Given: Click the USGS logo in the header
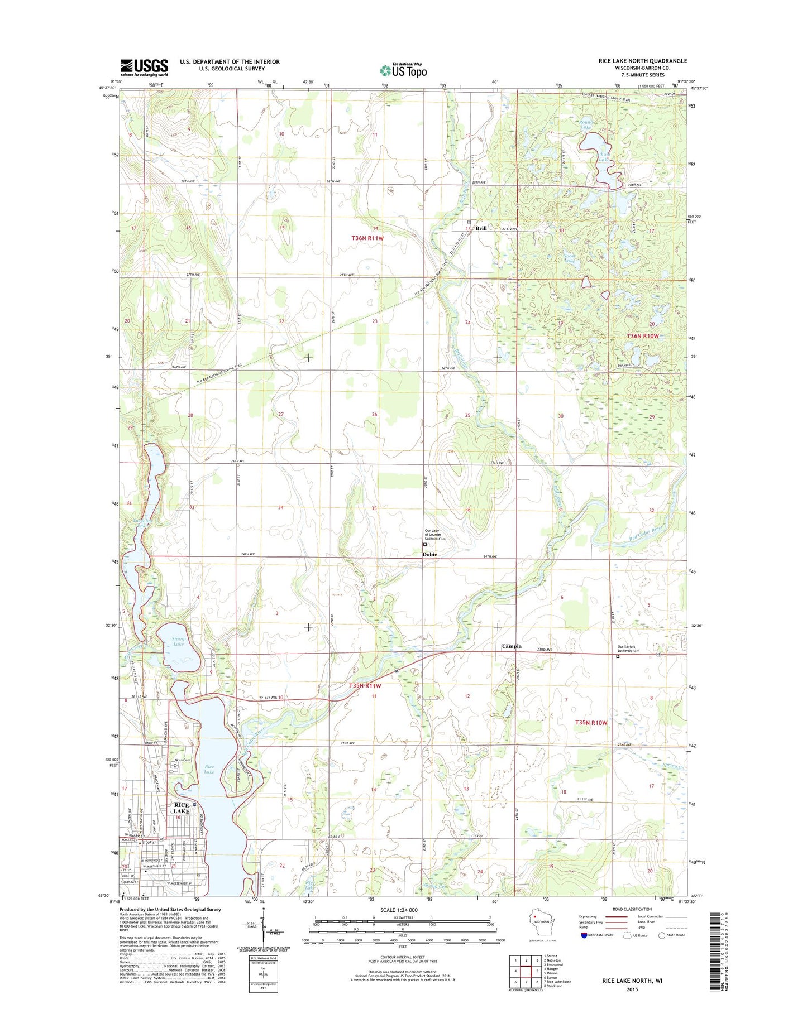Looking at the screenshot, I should click(144, 68).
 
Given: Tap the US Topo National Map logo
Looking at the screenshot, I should click(403, 70).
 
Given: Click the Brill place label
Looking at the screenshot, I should click(481, 228).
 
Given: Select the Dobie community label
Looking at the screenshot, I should click(429, 554).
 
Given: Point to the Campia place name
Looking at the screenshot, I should click(512, 646).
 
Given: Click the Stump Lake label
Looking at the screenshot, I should click(178, 641).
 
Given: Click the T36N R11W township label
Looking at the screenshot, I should click(367, 238).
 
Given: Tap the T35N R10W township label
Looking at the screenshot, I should click(591, 723).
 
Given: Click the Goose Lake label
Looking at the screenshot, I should click(569, 258).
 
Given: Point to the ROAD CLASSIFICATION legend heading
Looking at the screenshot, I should click(633, 909).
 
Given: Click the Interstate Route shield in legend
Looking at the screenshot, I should click(584, 935).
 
